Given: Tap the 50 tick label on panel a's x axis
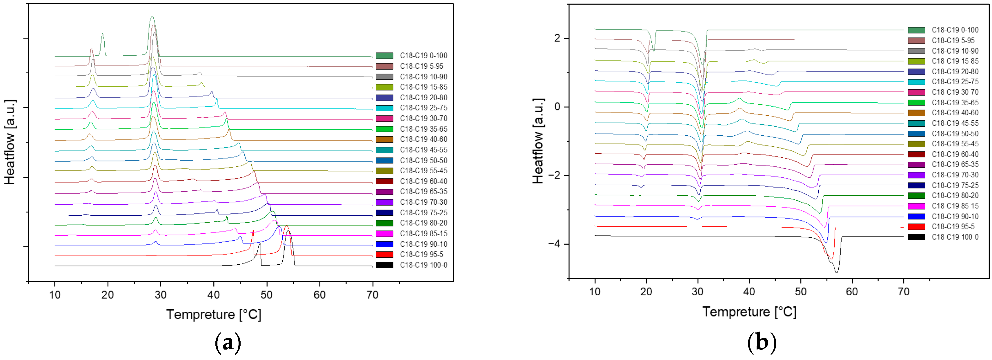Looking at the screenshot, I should [x=266, y=295].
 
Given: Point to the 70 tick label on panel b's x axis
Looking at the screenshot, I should [x=903, y=292].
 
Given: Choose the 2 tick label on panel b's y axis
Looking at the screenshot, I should [x=557, y=39].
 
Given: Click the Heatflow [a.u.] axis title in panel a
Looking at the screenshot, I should [x=10, y=142].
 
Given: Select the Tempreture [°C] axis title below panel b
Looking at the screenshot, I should [x=749, y=312].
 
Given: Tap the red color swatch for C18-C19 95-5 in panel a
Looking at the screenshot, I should [x=384, y=254].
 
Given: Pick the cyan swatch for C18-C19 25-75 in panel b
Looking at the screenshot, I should [x=916, y=82].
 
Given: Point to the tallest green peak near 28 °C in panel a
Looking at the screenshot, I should [x=152, y=17].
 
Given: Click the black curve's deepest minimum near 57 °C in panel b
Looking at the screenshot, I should [x=836, y=272].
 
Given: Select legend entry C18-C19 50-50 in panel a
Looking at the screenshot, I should [x=423, y=160].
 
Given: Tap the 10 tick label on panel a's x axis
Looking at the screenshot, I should [x=55, y=295].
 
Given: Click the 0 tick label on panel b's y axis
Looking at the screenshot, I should [x=557, y=107].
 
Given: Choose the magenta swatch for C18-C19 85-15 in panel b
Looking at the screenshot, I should [x=916, y=206].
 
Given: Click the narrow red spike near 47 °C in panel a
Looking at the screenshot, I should [x=253, y=231].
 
